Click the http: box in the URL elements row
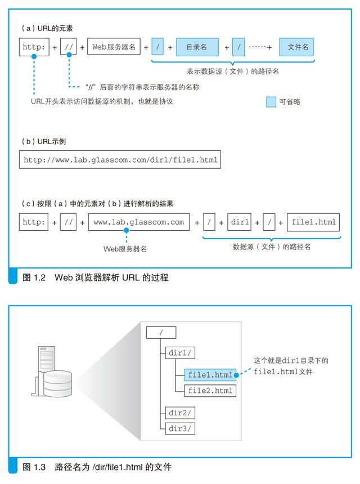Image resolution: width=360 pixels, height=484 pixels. pos(33,47)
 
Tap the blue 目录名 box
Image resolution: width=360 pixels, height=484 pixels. pos(196,47)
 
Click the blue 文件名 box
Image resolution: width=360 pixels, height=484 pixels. pos(298,47)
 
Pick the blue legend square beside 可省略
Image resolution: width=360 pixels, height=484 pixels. pos(271,101)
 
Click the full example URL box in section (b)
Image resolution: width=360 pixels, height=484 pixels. pos(119,160)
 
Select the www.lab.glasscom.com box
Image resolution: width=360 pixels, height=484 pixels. pos(139,222)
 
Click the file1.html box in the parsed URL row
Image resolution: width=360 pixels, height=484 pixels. pos(314,222)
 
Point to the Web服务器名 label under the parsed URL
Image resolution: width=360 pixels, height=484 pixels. pos(125,248)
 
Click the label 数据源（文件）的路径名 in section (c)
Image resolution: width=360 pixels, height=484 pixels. pos(272,247)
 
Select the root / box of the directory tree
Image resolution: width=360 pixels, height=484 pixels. pos(161,333)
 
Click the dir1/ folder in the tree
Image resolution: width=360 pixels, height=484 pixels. pos(179,353)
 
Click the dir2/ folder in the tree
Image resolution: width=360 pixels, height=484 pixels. pos(179,413)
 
